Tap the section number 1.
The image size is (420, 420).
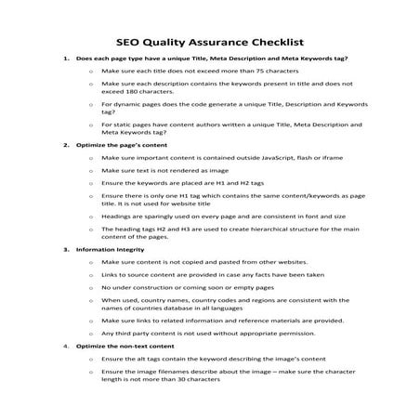(x=66, y=59)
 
